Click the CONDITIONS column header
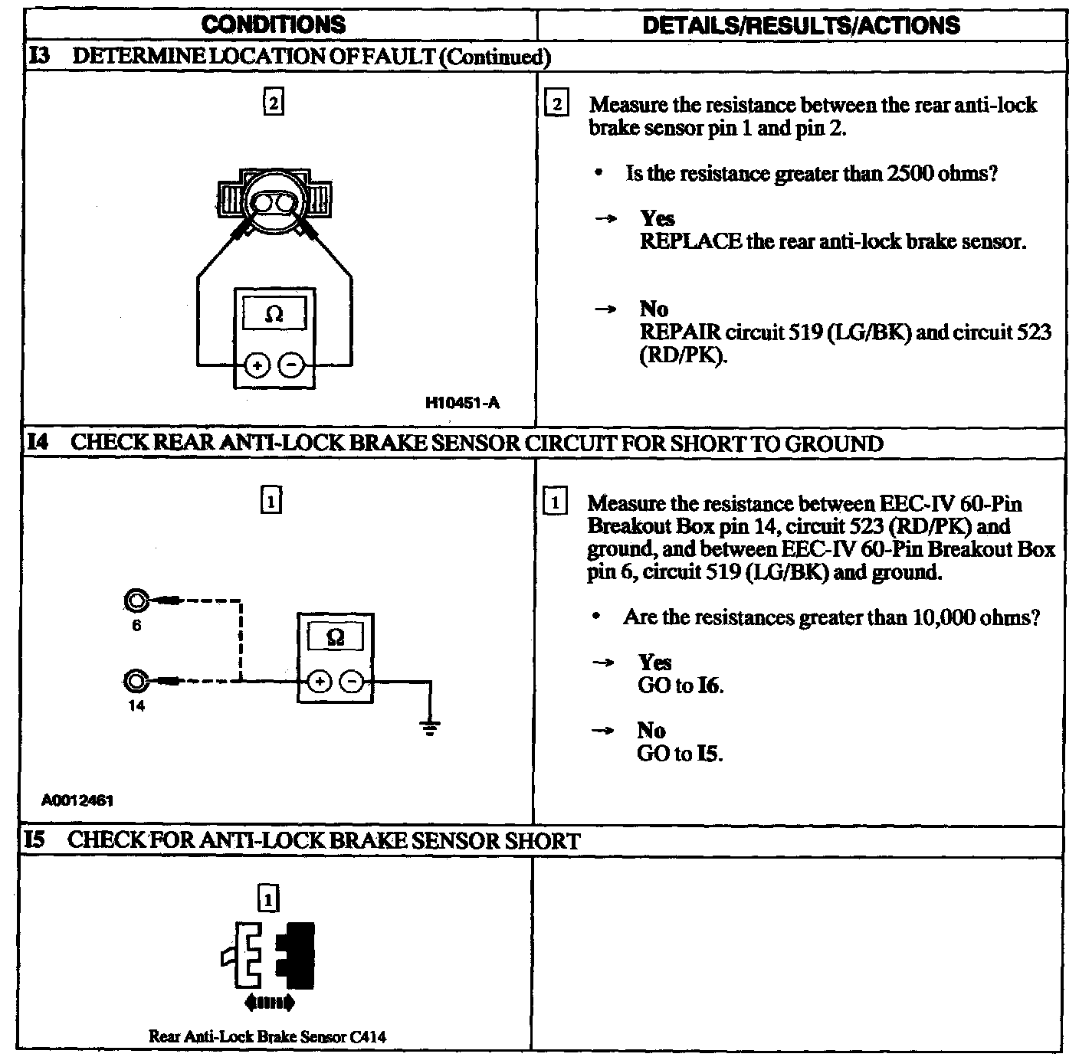273,25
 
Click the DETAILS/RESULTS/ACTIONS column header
801,25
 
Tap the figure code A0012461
77,800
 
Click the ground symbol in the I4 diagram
431,727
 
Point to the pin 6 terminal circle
136,602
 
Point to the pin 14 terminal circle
136,680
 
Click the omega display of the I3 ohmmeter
274,313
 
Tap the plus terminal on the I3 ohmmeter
257,365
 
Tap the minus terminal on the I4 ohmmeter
351,681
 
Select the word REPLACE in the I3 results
690,242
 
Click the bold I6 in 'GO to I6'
710,686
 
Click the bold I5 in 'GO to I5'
710,754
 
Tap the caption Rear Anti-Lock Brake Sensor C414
267,1037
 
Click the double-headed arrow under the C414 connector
267,1002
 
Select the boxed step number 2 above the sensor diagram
273,102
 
